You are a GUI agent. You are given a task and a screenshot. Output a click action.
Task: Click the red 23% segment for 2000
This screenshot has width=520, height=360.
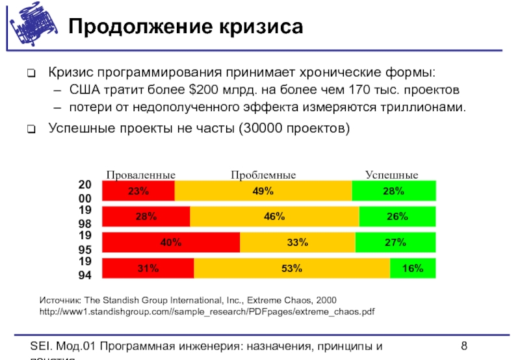(x=138, y=191)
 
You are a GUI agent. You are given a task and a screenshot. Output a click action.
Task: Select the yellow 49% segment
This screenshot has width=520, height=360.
(x=263, y=191)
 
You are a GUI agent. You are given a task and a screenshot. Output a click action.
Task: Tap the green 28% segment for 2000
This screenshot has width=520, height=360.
(x=394, y=191)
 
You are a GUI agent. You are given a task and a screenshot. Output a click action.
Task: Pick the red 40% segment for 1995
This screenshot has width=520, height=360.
(x=172, y=242)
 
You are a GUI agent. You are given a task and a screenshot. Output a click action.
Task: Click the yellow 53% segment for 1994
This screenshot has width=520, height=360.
(x=292, y=268)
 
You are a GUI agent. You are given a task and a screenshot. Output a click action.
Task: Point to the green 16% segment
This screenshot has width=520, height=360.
(x=413, y=268)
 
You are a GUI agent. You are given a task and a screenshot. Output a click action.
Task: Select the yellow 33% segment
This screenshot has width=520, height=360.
(x=297, y=242)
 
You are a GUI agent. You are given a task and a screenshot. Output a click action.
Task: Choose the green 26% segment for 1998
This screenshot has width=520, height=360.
(x=397, y=216)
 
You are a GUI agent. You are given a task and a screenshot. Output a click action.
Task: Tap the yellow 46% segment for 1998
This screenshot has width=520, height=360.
(x=274, y=216)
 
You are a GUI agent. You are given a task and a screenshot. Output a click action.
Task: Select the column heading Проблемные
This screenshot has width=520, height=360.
(x=263, y=175)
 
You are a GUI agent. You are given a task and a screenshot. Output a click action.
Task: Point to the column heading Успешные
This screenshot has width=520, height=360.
(x=391, y=175)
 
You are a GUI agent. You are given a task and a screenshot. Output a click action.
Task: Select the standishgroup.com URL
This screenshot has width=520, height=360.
(x=207, y=313)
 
